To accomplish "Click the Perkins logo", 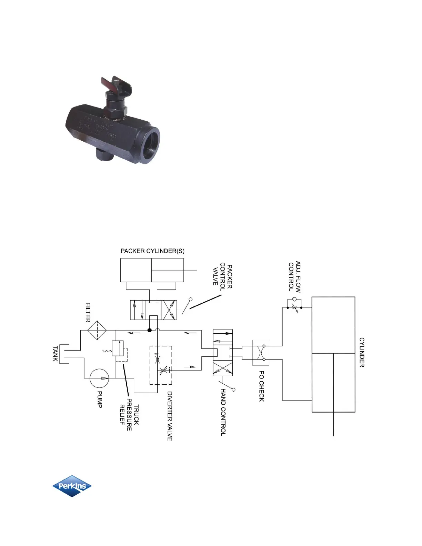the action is point(72,486).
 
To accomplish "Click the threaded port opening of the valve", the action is point(148,145).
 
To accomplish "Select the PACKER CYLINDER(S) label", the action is point(152,251).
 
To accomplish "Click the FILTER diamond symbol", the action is point(97,330).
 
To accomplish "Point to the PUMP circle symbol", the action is point(99,378).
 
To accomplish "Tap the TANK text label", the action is point(55,354).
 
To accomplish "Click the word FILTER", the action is point(88,312).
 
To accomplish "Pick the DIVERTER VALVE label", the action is point(170,416).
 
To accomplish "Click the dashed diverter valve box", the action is point(161,365).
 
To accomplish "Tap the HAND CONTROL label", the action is point(223,412).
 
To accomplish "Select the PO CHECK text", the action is point(262,386).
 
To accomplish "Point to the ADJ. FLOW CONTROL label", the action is point(294,277).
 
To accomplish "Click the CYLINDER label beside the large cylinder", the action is point(362,352).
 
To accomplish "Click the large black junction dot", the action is point(149,330).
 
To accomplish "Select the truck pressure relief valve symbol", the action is point(118,348).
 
